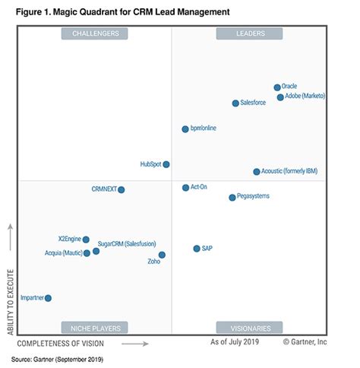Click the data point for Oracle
pos(277,87)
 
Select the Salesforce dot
pos(235,103)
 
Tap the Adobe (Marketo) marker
pos(280,97)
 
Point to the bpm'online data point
pos(185,129)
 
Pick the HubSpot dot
pos(166,164)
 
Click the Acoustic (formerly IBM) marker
pos(257,172)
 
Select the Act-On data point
pos(185,187)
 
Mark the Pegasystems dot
pos(232,198)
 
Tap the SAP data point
pos(197,249)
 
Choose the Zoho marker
pos(162,255)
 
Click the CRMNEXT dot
pos(121,189)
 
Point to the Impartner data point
pos(48,298)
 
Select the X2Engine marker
pos(86,240)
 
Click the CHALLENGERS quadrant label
pos(95,33)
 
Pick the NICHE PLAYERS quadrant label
pos(95,328)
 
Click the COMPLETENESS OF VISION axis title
pos(67,344)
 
